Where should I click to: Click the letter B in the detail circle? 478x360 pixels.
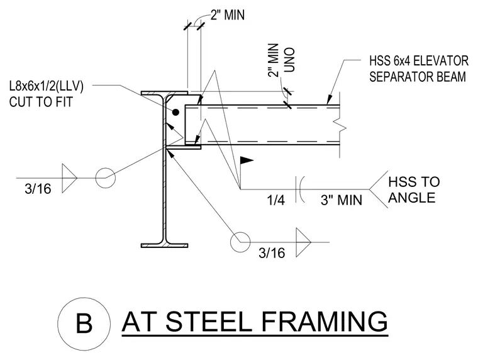(x=84, y=323)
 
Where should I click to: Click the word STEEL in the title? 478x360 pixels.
(x=209, y=322)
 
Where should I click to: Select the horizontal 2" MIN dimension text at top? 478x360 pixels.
(x=228, y=15)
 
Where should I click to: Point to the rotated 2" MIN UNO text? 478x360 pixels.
(x=281, y=60)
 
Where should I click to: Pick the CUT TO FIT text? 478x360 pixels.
(x=41, y=102)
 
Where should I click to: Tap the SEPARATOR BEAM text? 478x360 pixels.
(x=418, y=77)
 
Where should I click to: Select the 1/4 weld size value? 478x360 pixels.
(x=276, y=200)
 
